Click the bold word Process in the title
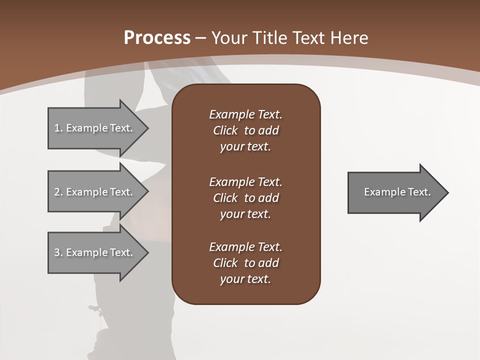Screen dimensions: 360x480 tap(157, 38)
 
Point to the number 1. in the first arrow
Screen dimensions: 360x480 tap(58, 128)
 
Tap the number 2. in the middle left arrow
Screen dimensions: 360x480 tap(58, 192)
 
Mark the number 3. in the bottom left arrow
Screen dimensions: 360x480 tap(58, 252)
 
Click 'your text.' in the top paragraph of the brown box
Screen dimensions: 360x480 tap(245, 147)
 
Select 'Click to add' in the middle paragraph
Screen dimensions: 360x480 tap(245, 198)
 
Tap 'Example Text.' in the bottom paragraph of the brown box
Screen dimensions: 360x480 tap(245, 247)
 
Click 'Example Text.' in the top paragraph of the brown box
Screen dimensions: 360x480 tap(245, 114)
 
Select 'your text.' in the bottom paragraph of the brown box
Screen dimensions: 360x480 tap(245, 279)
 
